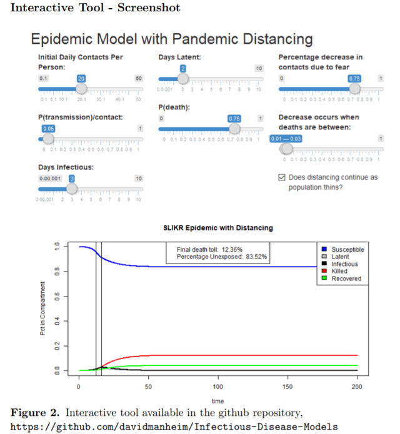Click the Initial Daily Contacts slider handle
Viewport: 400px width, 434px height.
pyautogui.click(x=81, y=89)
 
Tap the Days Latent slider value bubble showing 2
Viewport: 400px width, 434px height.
pyautogui.click(x=182, y=68)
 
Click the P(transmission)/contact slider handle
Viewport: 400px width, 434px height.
pyautogui.click(x=48, y=139)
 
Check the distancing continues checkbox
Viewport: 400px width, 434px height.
pyautogui.click(x=281, y=178)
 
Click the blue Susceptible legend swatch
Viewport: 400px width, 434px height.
pyautogui.click(x=325, y=250)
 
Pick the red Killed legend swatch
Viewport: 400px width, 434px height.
pyautogui.click(x=325, y=272)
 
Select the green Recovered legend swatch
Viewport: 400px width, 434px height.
pyautogui.click(x=325, y=279)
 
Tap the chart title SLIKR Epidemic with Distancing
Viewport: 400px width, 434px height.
pyautogui.click(x=217, y=228)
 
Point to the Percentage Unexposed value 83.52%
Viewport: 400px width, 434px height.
pyautogui.click(x=254, y=257)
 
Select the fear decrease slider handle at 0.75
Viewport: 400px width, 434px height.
pyautogui.click(x=354, y=89)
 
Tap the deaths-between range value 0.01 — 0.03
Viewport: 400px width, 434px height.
pyautogui.click(x=286, y=138)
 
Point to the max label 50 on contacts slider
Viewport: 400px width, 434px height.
pyautogui.click(x=139, y=79)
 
